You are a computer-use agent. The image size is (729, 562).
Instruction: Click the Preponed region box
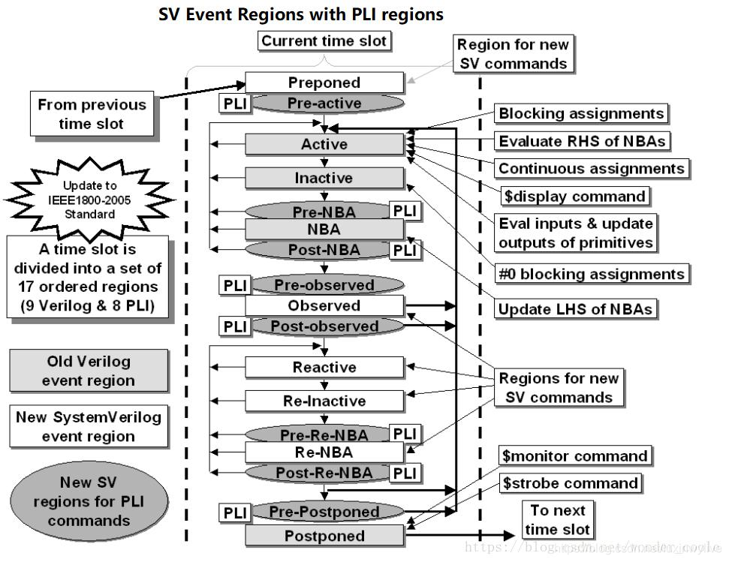pos(324,83)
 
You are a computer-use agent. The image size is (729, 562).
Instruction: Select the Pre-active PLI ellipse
pos(324,104)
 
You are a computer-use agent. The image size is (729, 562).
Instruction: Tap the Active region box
pos(324,143)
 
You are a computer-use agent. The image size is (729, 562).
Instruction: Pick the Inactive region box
pos(324,178)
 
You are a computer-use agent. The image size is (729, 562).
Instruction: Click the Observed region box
pos(324,305)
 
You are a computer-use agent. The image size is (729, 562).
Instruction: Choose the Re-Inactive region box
pos(324,401)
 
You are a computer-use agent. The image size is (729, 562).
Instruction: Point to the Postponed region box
pos(324,536)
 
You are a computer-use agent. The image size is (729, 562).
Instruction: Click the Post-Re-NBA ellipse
pos(324,473)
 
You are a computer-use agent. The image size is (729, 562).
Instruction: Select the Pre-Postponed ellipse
pos(324,512)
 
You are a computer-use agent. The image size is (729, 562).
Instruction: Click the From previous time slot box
pos(92,114)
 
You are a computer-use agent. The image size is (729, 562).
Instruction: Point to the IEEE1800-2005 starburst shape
pos(89,199)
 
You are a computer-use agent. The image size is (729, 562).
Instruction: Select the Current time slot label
pos(324,41)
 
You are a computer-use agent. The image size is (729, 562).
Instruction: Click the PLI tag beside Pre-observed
pos(233,285)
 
